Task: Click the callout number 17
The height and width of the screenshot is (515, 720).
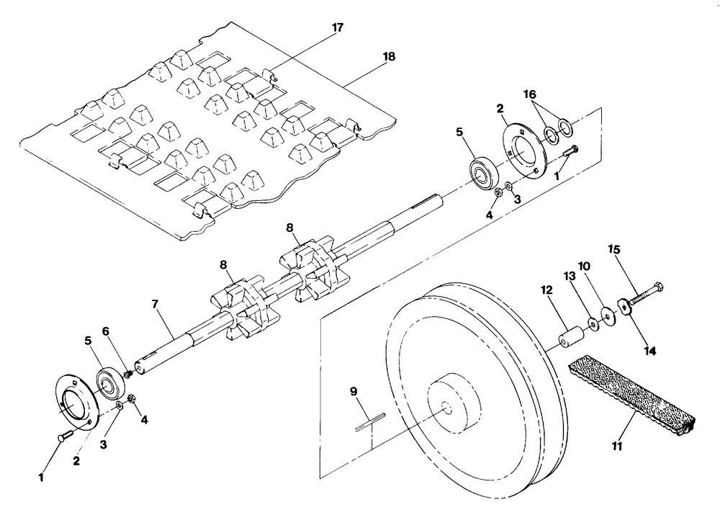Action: [338, 27]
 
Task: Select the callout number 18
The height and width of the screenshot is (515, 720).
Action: [389, 56]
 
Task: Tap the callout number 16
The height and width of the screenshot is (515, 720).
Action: [529, 94]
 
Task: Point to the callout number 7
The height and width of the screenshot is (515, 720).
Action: [155, 304]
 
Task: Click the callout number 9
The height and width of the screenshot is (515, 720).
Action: [353, 391]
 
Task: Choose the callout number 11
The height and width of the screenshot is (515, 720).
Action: [617, 446]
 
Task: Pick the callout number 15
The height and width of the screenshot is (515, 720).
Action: [614, 249]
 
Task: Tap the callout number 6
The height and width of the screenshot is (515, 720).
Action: [106, 331]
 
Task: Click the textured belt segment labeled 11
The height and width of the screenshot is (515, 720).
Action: [633, 393]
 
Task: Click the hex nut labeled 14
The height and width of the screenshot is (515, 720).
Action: [625, 306]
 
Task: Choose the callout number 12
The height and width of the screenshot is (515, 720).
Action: [546, 290]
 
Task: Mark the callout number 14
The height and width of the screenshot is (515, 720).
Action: [649, 351]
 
